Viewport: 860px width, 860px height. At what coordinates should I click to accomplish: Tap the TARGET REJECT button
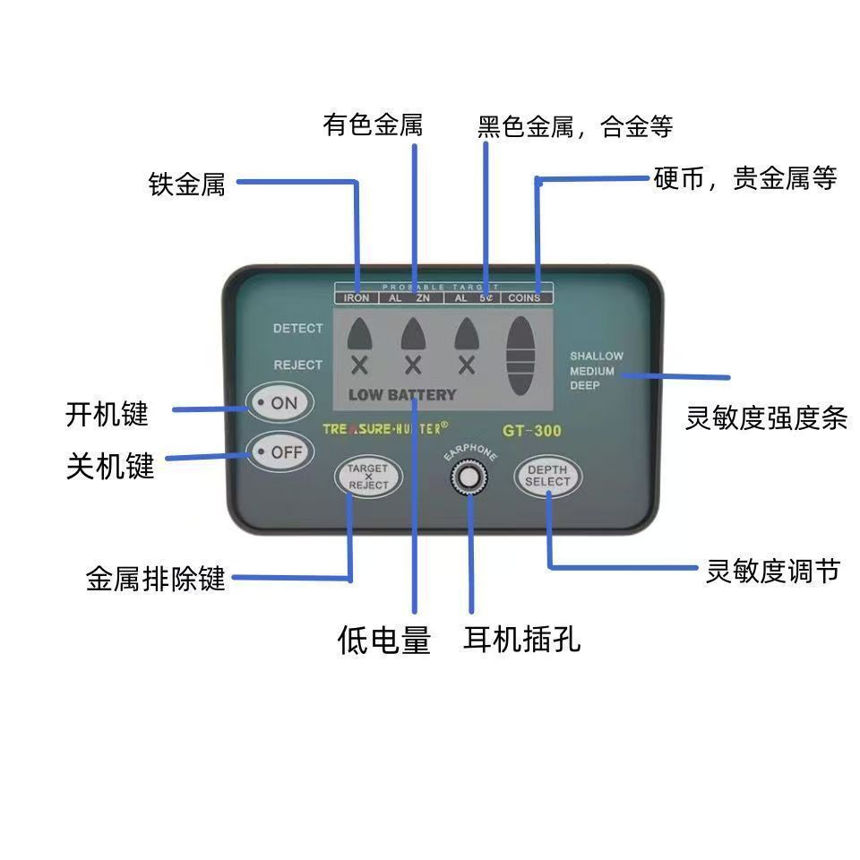[x=368, y=477]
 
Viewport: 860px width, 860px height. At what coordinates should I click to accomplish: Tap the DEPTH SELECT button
[x=547, y=477]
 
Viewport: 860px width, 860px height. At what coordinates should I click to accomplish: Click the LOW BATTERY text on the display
[x=402, y=395]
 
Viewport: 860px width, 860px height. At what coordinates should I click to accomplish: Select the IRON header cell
[x=357, y=297]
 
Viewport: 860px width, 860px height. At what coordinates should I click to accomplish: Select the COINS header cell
[x=524, y=297]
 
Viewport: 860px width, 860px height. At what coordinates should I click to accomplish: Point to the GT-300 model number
[x=532, y=431]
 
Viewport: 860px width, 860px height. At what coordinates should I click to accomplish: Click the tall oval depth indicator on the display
[x=522, y=353]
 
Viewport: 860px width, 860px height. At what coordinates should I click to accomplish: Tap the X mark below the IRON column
[x=359, y=365]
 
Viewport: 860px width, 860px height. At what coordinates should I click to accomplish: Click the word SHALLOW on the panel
[x=597, y=357]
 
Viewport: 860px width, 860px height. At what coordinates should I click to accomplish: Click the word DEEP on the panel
[x=585, y=385]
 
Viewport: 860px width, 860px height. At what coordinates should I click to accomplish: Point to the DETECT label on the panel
[x=297, y=329]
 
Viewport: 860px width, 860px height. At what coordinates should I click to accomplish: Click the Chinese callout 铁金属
[x=186, y=185]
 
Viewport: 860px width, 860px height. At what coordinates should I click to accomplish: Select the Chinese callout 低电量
[x=384, y=640]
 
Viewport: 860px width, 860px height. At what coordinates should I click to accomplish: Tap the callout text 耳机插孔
[x=522, y=639]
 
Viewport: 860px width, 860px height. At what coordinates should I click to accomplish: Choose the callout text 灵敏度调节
[x=772, y=571]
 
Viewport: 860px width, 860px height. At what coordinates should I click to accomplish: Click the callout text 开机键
[x=107, y=414]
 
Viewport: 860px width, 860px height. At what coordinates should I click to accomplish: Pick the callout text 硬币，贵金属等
[x=745, y=179]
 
